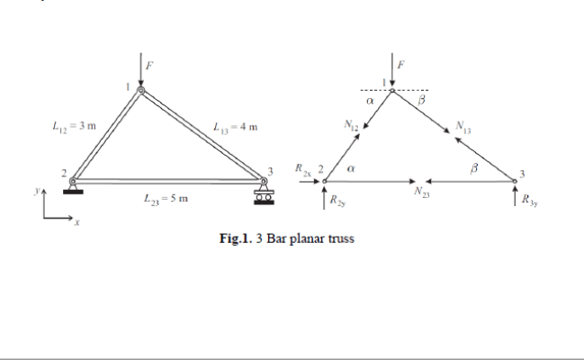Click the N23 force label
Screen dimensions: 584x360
tap(420, 192)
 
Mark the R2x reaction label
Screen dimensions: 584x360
tap(301, 168)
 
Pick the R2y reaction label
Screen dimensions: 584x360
tap(336, 201)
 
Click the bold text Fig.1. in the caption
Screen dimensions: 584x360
tap(237, 239)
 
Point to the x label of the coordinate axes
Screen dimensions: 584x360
tap(77, 225)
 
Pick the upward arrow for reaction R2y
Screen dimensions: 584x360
tap(325, 200)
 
